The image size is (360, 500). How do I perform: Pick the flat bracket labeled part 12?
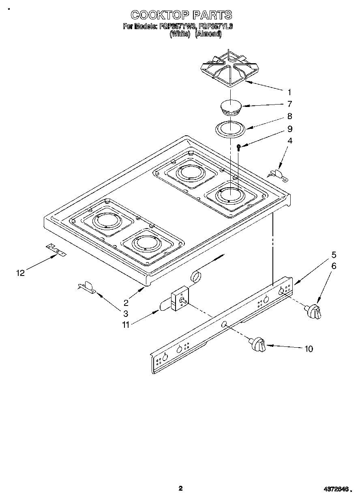pos(56,251)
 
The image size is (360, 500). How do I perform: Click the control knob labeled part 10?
pos(258,344)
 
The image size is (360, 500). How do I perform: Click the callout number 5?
pos(334,255)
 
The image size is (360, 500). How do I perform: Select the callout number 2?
pos(126,302)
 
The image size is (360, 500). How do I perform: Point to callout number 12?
pos(20,273)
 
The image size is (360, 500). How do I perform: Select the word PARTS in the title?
pos(212,15)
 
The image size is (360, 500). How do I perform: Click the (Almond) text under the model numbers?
pos(208,34)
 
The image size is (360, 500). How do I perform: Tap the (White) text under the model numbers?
pos(180,34)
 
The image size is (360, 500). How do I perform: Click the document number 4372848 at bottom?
pos(336,489)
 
